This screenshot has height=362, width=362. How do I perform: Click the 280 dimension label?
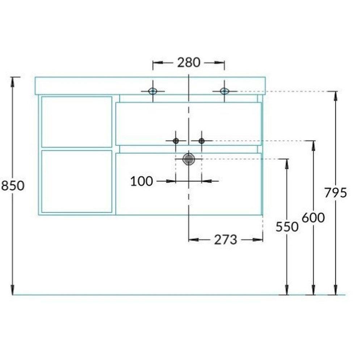(189, 63)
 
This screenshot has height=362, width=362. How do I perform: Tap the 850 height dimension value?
(13, 186)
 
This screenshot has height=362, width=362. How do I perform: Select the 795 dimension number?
(336, 193)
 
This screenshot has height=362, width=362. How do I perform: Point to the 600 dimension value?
(313, 218)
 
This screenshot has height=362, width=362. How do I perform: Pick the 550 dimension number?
(287, 227)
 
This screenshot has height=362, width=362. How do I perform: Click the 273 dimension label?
(226, 240)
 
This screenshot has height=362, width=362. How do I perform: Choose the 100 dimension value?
(142, 181)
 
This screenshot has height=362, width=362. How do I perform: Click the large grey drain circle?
(189, 159)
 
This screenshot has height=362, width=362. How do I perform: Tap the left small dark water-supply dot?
(176, 140)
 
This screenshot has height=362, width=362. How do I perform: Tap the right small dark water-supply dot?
(202, 140)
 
